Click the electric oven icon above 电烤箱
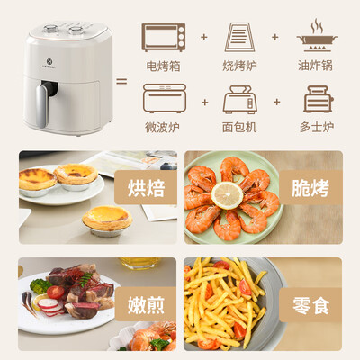click(164, 38)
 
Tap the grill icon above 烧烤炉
click(238, 38)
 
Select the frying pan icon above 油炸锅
click(317, 36)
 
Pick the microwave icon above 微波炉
click(164, 98)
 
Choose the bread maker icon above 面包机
click(239, 99)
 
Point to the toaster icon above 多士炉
click(317, 98)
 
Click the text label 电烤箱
click(164, 67)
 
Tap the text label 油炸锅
click(317, 67)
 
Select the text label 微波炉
click(164, 127)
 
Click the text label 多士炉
click(317, 127)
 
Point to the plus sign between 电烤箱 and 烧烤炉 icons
click(202, 39)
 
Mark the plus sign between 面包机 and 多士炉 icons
click(277, 100)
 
